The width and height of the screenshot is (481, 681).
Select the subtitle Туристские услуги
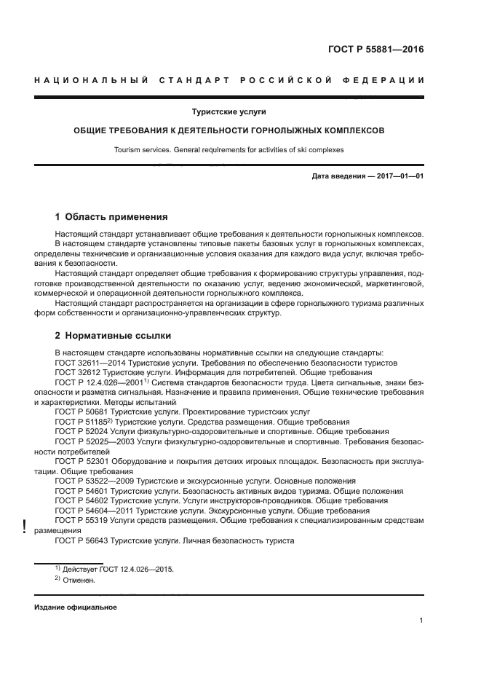(229, 112)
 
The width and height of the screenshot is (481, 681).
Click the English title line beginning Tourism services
(229, 150)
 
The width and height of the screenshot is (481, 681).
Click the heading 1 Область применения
(112, 216)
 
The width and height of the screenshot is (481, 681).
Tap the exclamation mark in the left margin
(25, 527)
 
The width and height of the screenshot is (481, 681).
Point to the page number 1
(421, 621)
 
